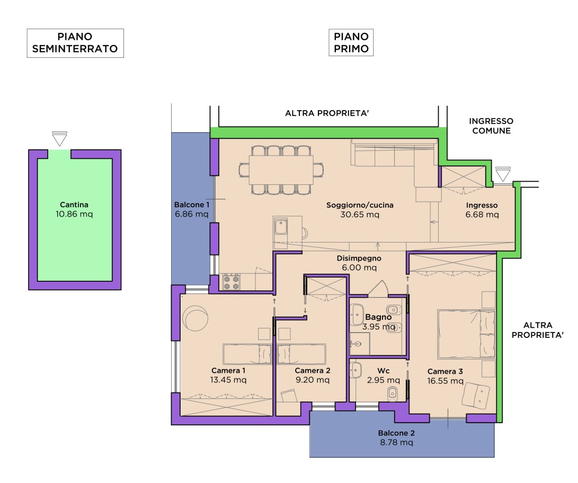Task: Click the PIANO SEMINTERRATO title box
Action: tap(75, 43)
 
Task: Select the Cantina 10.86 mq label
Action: tap(74, 210)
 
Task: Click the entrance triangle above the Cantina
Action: tap(60, 139)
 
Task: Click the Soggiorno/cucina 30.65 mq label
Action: tap(360, 210)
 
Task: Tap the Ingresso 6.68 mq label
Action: tap(482, 210)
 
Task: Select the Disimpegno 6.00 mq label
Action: tap(359, 263)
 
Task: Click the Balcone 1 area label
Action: tap(192, 210)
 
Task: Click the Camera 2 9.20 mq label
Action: tap(312, 375)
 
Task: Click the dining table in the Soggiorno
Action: tap(281, 169)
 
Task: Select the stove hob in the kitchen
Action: tap(231, 282)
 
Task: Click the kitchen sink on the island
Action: tap(280, 228)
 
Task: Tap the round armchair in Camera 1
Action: tap(195, 318)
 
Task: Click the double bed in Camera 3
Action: tap(466, 334)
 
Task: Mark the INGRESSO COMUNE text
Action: tap(491, 126)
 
